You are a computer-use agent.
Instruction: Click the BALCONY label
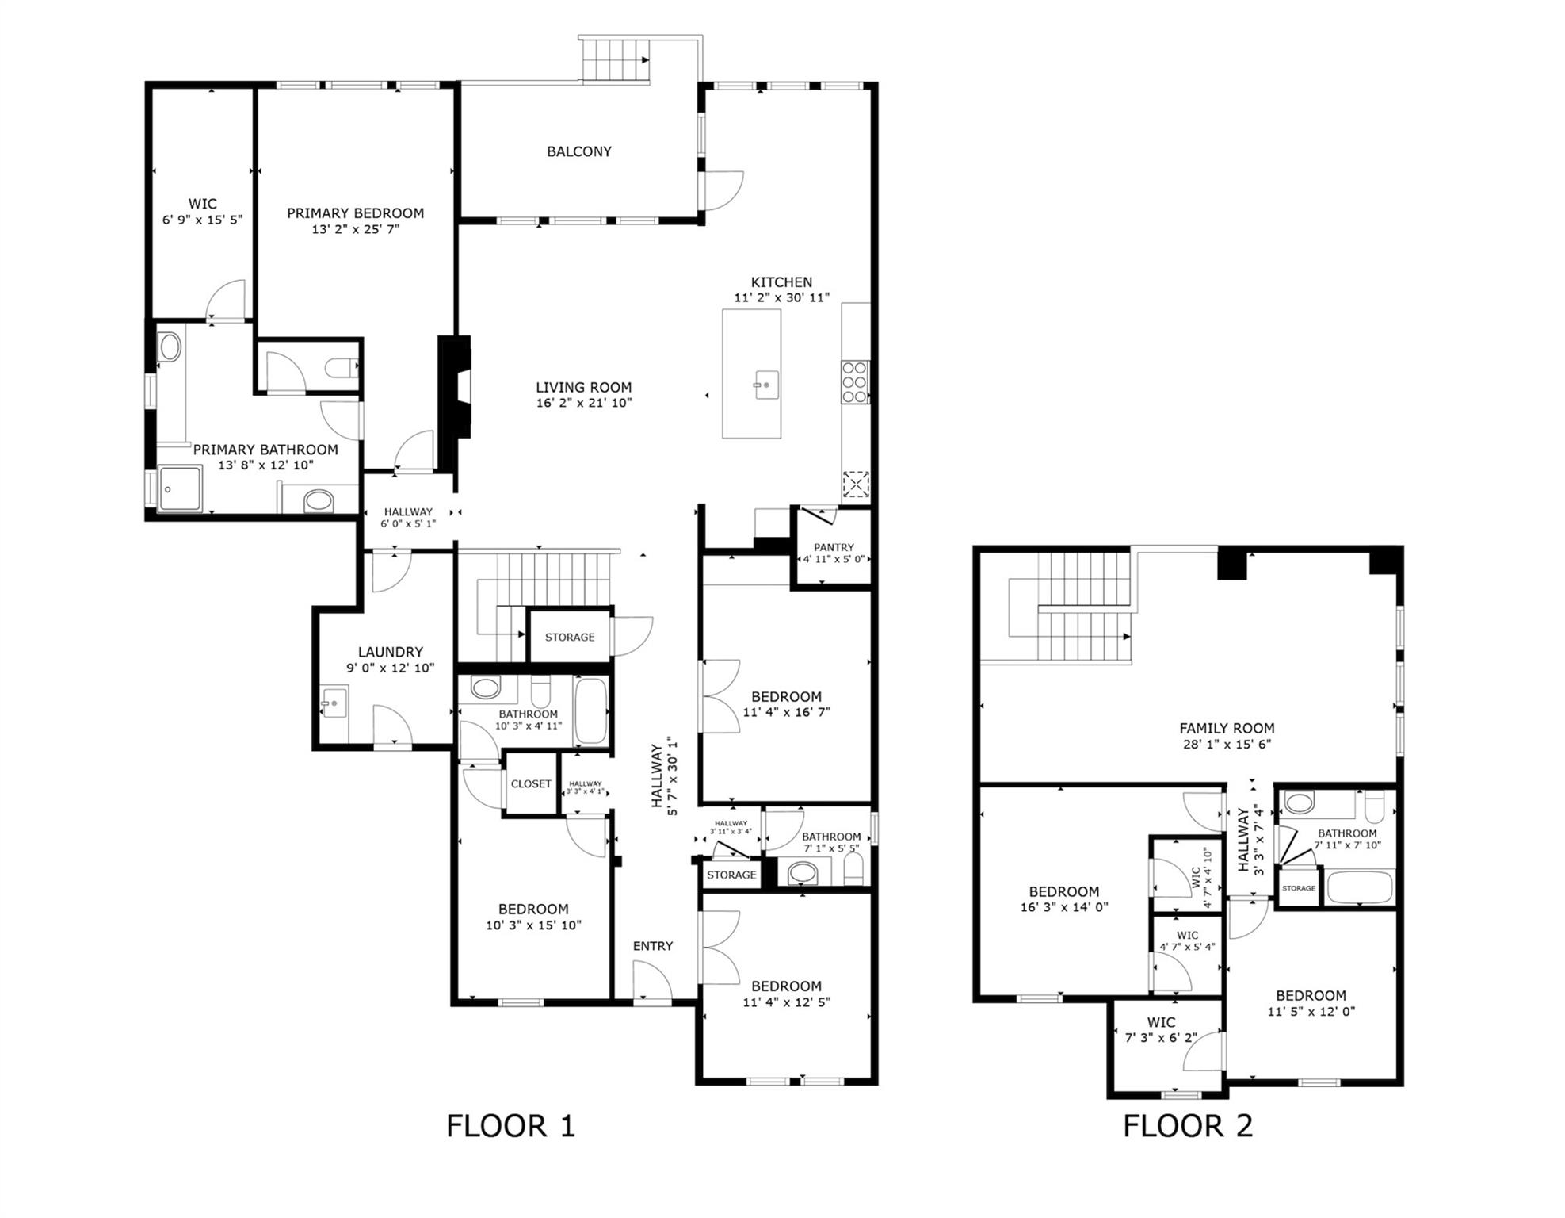578,151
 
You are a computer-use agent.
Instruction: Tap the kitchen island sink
765,385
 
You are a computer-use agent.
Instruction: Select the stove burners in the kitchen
854,382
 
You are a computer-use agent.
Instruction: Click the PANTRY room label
834,547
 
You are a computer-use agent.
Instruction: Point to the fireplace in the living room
456,387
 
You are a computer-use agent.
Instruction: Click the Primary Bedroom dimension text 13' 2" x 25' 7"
355,229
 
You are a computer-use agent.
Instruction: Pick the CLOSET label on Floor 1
531,783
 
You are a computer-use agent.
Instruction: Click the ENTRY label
652,946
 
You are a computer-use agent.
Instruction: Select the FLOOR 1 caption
510,1126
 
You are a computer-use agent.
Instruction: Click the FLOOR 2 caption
1187,1126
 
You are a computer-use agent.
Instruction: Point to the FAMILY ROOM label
1226,728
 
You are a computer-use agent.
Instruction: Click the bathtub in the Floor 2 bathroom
1360,887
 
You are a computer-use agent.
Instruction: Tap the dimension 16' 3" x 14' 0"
1063,907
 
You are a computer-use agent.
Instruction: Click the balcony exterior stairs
616,59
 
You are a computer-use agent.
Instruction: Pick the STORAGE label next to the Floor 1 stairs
569,637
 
